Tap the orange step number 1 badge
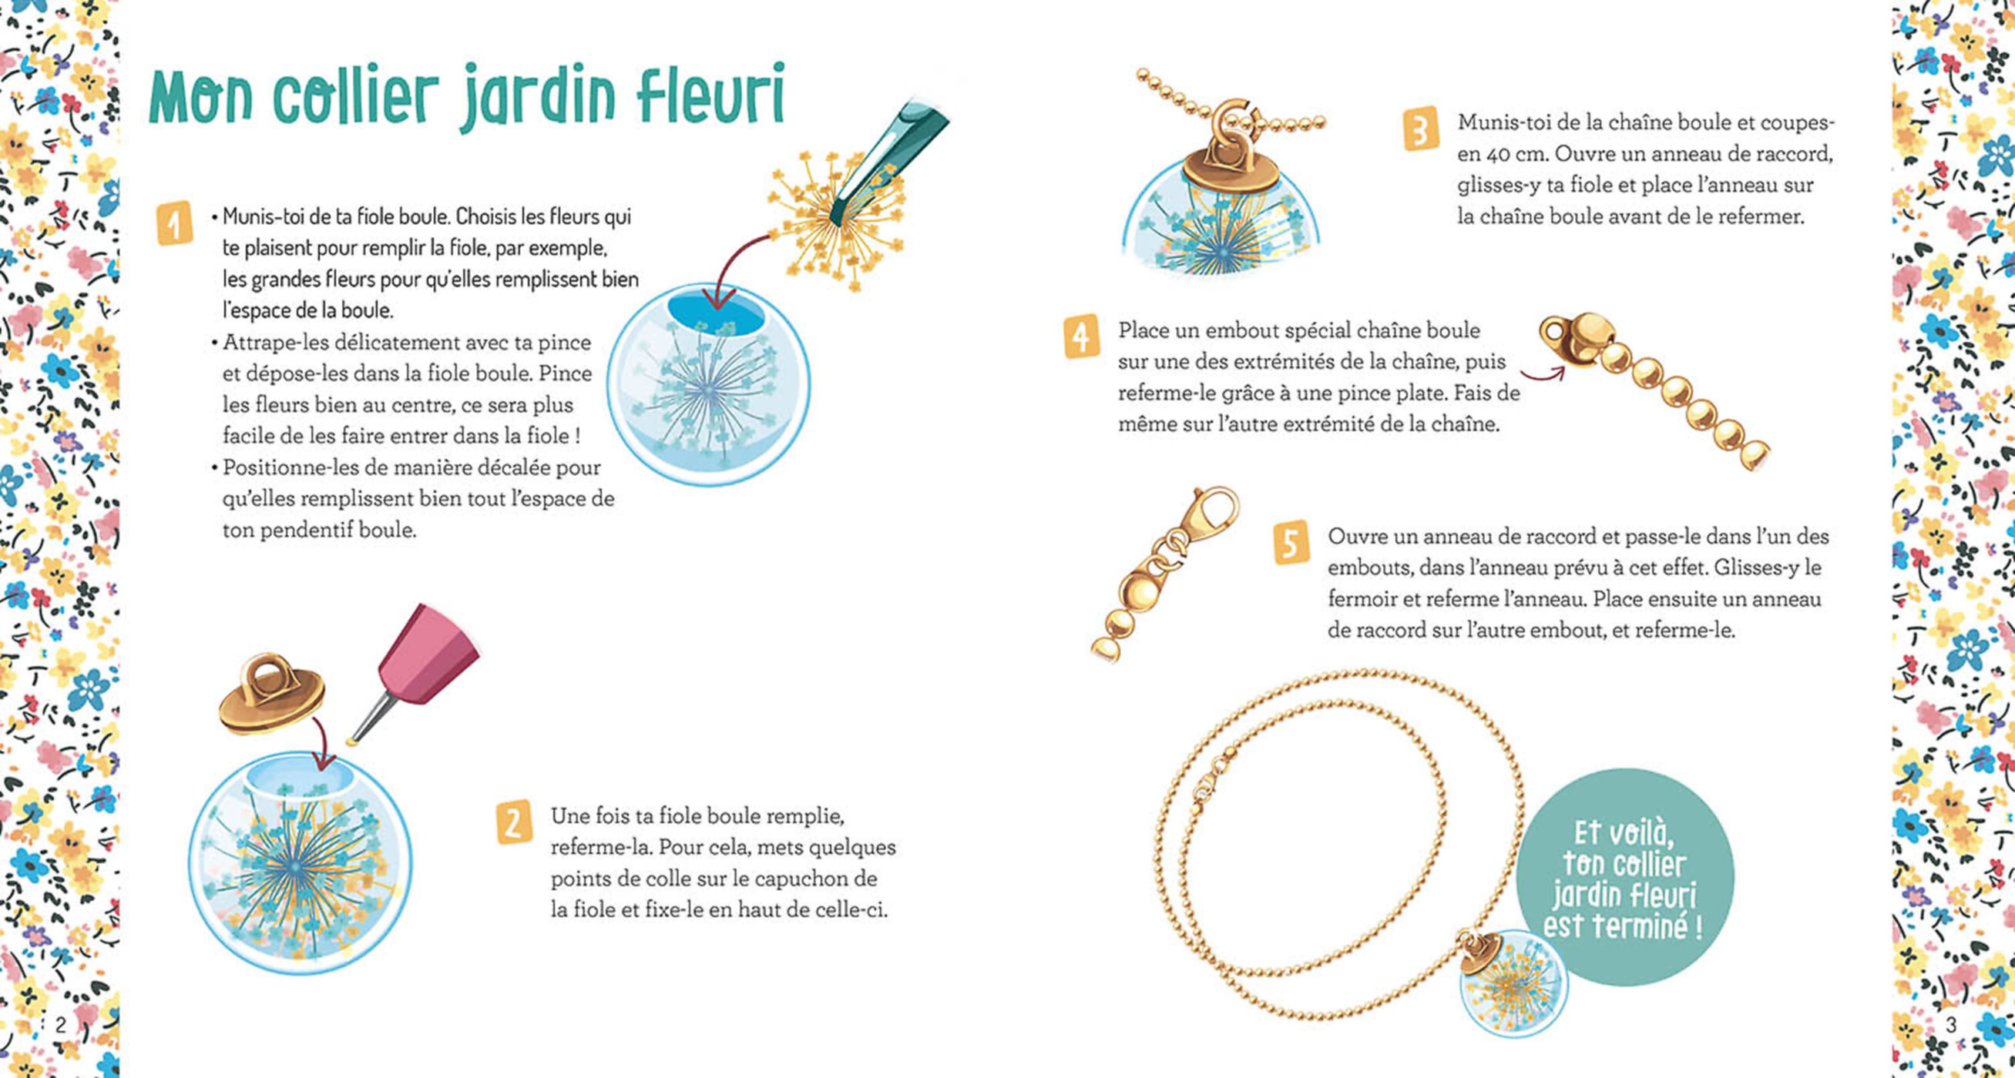pyautogui.click(x=173, y=224)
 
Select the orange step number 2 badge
pyautogui.click(x=514, y=822)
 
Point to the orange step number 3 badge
pyautogui.click(x=1420, y=128)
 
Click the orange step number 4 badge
pyautogui.click(x=1081, y=337)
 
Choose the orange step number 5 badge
pyautogui.click(x=1291, y=542)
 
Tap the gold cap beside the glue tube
pyautogui.click(x=271, y=695)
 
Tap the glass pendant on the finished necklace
pyautogui.click(x=1512, y=981)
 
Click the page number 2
pyautogui.click(x=60, y=1023)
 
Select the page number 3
pyautogui.click(x=1951, y=1024)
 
